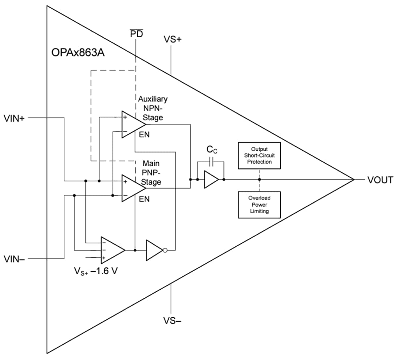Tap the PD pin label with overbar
pos(136,34)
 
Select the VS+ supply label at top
pos(173,39)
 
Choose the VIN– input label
pos(14,259)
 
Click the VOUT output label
pos(380,180)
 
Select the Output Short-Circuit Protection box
pos(259,155)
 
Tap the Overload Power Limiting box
pos(259,205)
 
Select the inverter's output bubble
pos(165,250)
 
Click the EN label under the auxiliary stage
pos(144,135)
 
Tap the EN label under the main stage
pos(144,199)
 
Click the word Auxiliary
pos(153,99)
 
